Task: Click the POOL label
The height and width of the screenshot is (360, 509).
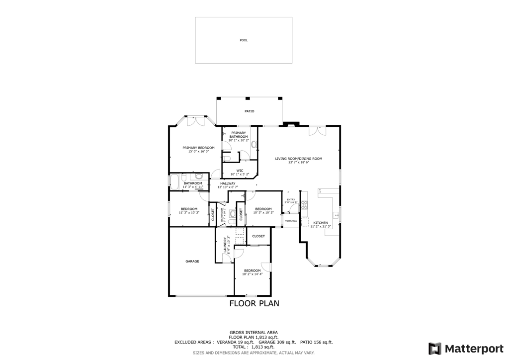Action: point(244,40)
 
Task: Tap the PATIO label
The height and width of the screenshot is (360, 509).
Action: point(249,111)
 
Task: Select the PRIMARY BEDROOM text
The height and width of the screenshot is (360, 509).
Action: point(198,148)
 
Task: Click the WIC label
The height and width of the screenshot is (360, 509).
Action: point(240,171)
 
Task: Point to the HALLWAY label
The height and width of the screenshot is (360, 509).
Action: point(228,183)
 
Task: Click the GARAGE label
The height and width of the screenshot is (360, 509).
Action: point(192,261)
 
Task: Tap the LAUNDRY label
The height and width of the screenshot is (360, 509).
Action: point(225,243)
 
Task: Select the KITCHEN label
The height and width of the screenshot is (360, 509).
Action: point(320,223)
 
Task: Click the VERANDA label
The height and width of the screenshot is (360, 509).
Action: point(291,220)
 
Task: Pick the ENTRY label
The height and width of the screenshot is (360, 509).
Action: point(291,199)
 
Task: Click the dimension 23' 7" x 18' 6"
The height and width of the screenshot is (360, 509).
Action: point(299,163)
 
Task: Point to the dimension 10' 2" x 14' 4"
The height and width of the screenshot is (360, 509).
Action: point(252,274)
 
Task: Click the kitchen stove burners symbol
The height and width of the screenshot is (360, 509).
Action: point(304,205)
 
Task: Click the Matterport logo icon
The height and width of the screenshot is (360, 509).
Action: point(434,349)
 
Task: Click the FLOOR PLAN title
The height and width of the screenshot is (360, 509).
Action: point(254,303)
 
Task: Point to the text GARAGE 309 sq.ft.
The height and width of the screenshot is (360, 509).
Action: point(277,342)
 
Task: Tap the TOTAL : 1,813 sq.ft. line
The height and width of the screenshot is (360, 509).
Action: point(254,347)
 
